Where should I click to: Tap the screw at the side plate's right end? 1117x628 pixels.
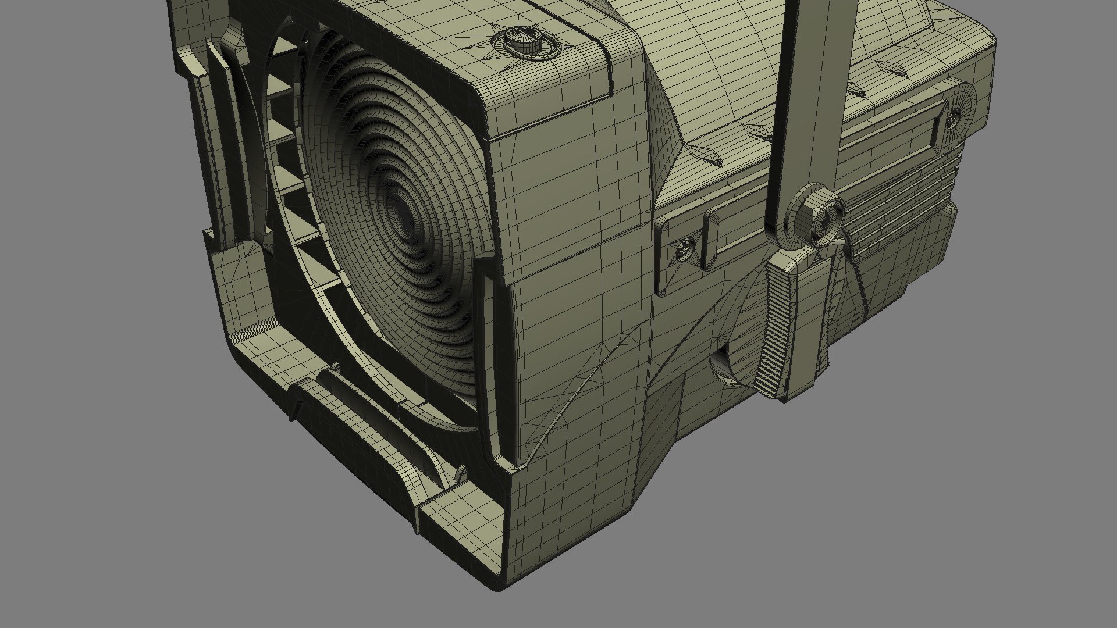tap(954, 119)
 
